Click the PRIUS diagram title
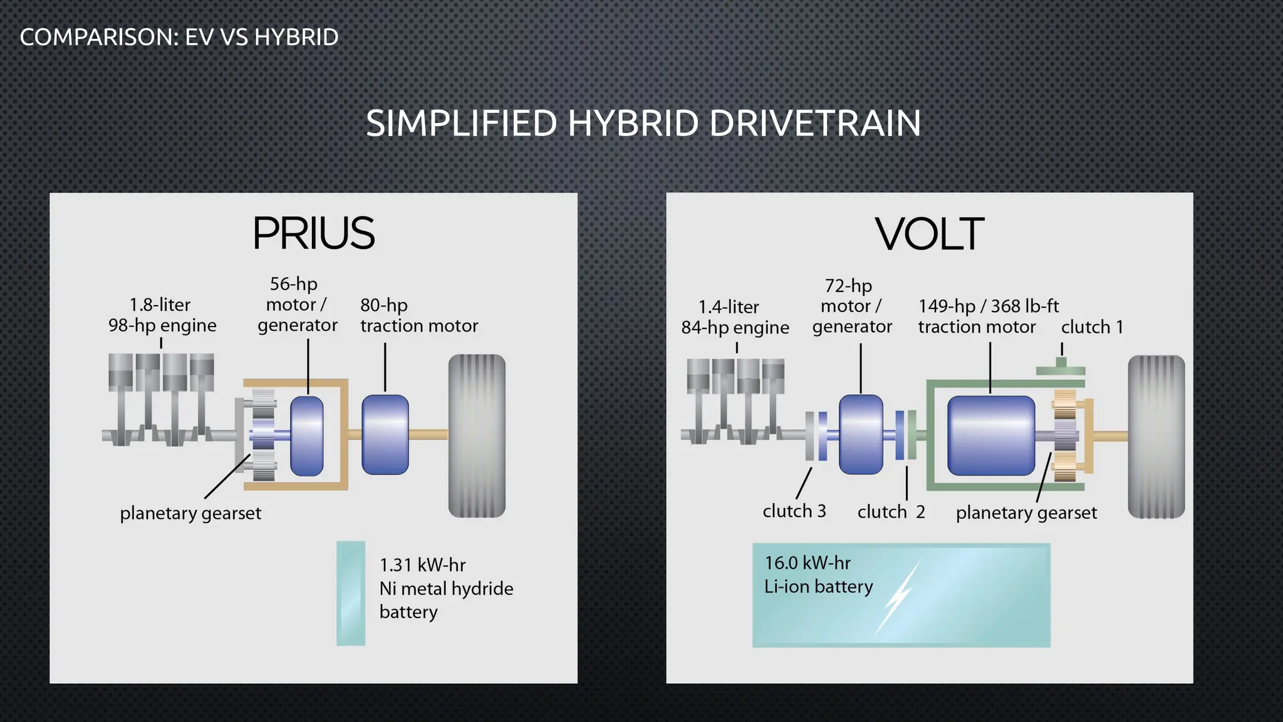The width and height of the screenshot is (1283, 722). pyautogui.click(x=313, y=233)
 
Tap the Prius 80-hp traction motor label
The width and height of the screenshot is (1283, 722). pyautogui.click(x=418, y=315)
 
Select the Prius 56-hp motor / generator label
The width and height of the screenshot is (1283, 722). pyautogui.click(x=297, y=305)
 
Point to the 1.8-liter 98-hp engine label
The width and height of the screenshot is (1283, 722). pyautogui.click(x=162, y=315)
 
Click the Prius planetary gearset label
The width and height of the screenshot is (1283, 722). pyautogui.click(x=190, y=513)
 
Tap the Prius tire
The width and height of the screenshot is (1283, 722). pyautogui.click(x=477, y=436)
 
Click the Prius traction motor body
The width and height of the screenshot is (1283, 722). pyautogui.click(x=385, y=434)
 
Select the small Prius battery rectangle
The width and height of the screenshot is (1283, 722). pyautogui.click(x=351, y=593)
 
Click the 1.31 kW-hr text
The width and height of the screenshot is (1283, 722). pyautogui.click(x=423, y=565)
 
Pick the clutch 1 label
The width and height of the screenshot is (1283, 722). pyautogui.click(x=1092, y=327)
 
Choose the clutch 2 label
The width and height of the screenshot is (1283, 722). pyautogui.click(x=891, y=512)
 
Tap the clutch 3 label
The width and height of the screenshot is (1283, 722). pyautogui.click(x=794, y=511)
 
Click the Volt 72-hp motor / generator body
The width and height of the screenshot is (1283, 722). pyautogui.click(x=860, y=434)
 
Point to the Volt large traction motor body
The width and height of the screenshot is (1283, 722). pyautogui.click(x=990, y=436)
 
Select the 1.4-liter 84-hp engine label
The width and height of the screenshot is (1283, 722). pyautogui.click(x=735, y=317)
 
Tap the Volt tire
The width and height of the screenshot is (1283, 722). pyautogui.click(x=1156, y=437)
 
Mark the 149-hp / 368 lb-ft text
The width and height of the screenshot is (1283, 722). pyautogui.click(x=988, y=306)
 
